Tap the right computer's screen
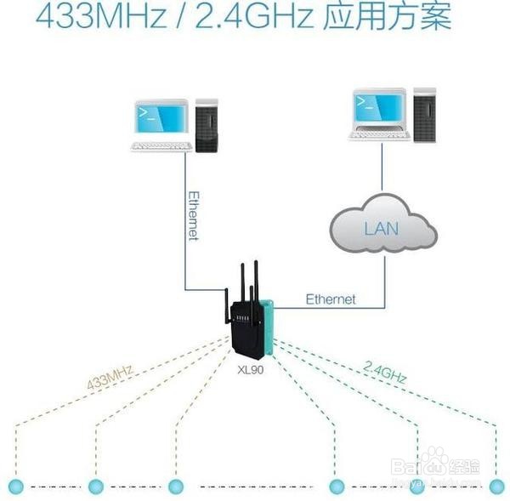click(x=379, y=108)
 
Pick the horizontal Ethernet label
click(x=330, y=299)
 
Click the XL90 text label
click(x=252, y=371)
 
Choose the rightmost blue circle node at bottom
click(x=497, y=485)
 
